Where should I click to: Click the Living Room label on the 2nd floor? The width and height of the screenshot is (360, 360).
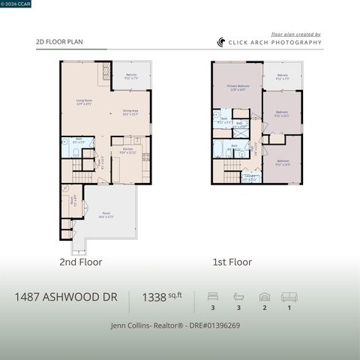[84, 102]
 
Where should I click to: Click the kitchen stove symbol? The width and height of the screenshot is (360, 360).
[146, 157]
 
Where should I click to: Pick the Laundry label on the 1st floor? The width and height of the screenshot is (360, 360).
[250, 178]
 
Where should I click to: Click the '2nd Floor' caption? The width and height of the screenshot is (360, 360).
[80, 262]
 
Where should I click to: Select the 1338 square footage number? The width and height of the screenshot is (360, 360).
[155, 298]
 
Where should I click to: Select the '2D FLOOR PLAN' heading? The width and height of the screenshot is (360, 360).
[59, 43]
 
